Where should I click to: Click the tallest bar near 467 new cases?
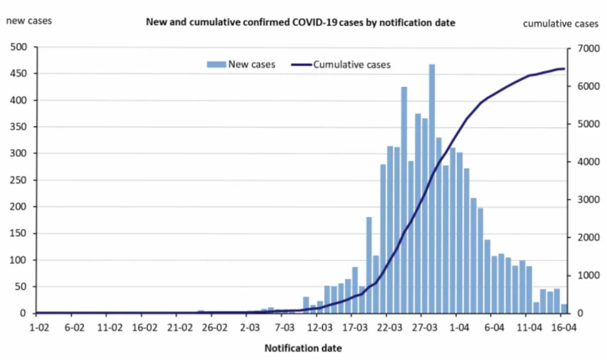tap(432, 189)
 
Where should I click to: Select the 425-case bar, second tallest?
tap(404, 200)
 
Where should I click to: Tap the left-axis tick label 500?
tap(19, 47)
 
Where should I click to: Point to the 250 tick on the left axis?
tap(19, 180)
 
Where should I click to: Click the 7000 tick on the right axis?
tap(589, 48)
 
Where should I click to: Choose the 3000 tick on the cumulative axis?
tap(589, 200)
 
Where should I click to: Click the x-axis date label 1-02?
tap(39, 328)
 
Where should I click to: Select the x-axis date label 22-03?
tap(389, 328)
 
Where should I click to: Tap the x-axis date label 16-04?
tap(564, 328)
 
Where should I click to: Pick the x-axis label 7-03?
tap(284, 328)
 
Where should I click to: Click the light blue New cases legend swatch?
tap(216, 64)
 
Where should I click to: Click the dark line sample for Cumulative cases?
tap(301, 65)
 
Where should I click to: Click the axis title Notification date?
tap(303, 348)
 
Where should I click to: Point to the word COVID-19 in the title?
tap(314, 22)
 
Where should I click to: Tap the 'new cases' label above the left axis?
tap(29, 21)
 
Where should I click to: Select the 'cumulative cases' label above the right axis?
tap(561, 24)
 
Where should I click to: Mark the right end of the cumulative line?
tap(564, 69)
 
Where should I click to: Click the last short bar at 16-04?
tap(564, 309)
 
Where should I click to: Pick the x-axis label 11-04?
tap(529, 328)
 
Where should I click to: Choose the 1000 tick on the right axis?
tap(589, 275)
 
